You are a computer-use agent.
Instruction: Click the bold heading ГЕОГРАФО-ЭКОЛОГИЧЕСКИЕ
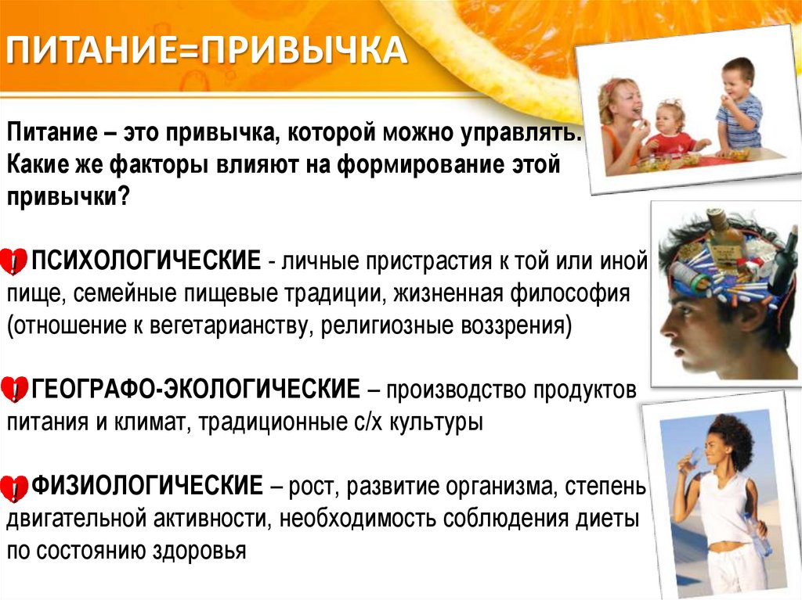[x=196, y=389]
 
